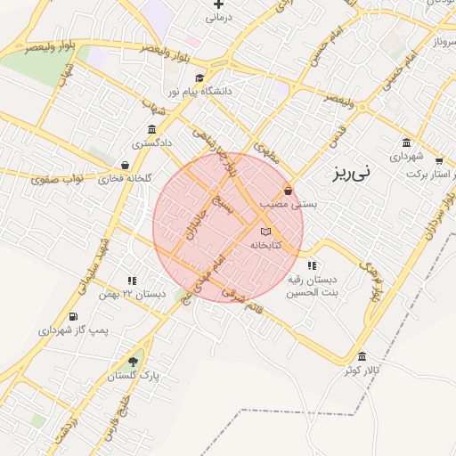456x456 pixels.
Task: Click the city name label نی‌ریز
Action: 372,174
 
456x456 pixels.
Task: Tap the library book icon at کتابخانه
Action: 265,232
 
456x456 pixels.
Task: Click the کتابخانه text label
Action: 265,244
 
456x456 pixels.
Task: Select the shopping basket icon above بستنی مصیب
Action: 288,191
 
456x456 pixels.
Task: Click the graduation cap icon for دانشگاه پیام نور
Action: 199,77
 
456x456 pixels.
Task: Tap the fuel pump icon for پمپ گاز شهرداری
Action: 72,316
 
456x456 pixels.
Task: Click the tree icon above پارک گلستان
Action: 133,361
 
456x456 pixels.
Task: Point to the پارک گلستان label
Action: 133,375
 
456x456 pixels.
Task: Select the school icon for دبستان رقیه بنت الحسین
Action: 311,265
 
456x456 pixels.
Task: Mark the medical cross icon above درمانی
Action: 218,4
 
